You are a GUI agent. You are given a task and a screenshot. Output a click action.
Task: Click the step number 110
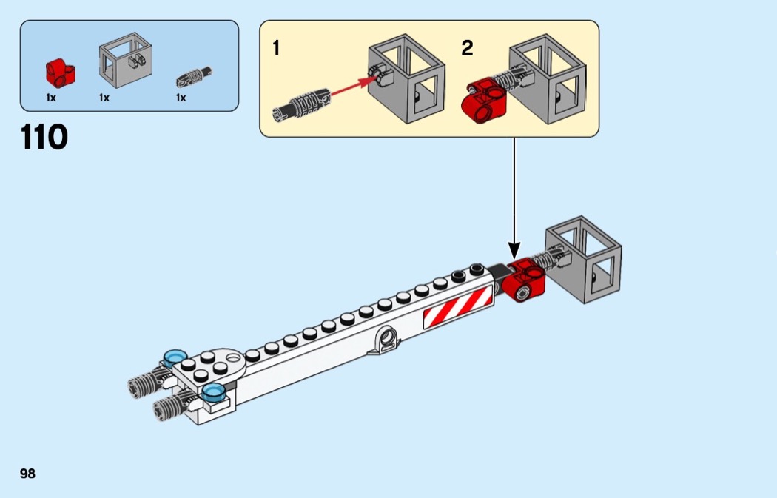[45, 138]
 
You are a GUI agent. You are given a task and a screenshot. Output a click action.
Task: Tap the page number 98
[27, 474]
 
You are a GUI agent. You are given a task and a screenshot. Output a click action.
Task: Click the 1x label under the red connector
[51, 97]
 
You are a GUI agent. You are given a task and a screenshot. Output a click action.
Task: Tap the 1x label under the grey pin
[181, 97]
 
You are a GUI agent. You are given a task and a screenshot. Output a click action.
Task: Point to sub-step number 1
[276, 50]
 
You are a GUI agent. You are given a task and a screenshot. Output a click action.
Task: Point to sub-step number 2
[467, 50]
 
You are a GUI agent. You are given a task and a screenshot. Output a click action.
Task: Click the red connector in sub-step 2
[483, 101]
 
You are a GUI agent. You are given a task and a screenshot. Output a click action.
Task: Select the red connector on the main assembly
[525, 280]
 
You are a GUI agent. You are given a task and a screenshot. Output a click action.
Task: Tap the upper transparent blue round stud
[175, 358]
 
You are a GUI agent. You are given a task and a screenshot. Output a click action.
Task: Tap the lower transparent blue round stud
[214, 392]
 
